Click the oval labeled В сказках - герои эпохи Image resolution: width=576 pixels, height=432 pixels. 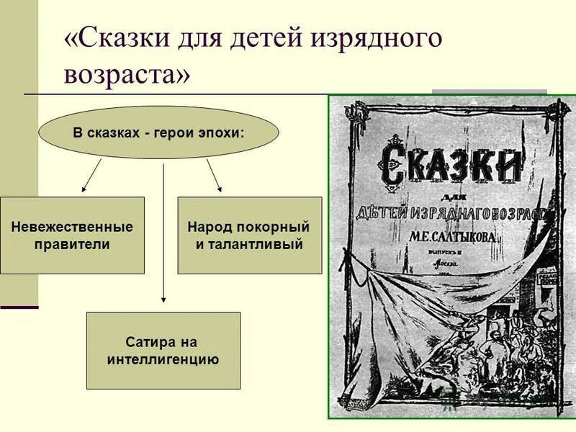pos(158,133)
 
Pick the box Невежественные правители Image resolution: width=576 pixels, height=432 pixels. pos(72,235)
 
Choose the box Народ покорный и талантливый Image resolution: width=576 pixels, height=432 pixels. pos(249,235)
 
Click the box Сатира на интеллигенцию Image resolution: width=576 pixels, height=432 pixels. pos(163,351)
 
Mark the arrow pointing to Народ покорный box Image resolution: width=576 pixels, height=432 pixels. pos(214,176)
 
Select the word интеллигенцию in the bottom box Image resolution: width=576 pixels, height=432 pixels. pos(163,359)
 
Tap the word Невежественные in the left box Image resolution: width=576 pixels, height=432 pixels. pos(72,227)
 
